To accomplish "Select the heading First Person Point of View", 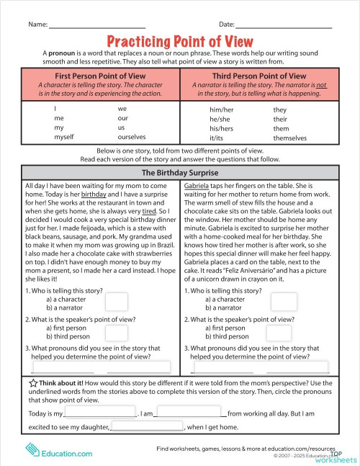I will coord(99,76).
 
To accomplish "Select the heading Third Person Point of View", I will coord(260,76).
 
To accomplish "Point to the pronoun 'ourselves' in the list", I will coord(132,137).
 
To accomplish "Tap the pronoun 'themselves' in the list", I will coord(289,138).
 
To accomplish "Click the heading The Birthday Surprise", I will coord(179,173).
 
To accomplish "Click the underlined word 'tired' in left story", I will coord(149,212).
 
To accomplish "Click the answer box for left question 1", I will coord(117,303).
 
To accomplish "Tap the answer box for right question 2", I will coord(284,331).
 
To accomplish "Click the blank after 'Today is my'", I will coord(101,414).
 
